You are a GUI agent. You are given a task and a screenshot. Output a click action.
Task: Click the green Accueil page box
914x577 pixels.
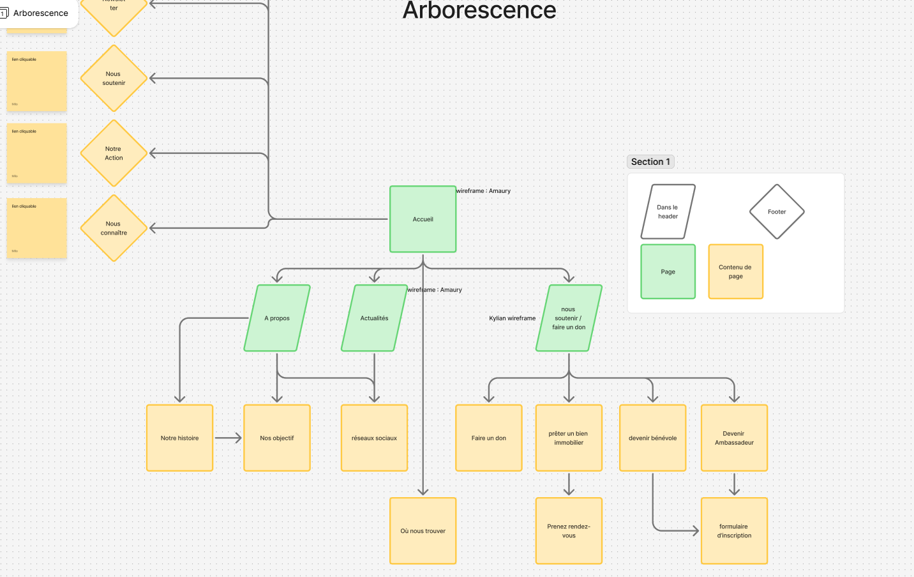coord(423,219)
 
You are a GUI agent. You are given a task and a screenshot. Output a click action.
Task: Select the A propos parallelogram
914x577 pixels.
coord(277,318)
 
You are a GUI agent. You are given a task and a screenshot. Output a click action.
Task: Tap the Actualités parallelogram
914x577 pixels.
coord(374,318)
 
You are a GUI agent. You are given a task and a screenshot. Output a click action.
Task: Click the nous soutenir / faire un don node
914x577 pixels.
coord(569,318)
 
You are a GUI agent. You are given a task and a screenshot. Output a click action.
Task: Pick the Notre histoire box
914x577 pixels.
coord(179,438)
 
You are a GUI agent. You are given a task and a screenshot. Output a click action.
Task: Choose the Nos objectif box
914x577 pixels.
coord(277,438)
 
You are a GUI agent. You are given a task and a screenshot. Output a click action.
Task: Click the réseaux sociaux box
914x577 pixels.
coord(374,438)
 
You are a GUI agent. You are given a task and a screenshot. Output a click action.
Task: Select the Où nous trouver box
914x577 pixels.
coord(423,531)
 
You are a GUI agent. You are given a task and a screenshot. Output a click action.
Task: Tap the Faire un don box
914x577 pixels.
coord(489,438)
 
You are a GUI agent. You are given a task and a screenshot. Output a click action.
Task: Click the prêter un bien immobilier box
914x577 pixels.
coord(569,438)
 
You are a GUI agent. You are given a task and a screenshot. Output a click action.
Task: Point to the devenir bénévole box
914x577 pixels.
coord(652,438)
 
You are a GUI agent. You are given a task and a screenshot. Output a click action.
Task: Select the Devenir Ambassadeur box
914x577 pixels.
coord(734,438)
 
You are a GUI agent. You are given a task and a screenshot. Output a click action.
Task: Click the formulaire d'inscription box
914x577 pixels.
coord(734,531)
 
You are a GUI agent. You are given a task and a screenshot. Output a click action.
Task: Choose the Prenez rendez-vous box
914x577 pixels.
coord(569,531)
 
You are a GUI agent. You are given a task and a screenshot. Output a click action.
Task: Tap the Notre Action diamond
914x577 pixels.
coord(114,153)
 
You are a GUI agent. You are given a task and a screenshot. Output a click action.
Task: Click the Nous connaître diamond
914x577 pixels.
coord(114,228)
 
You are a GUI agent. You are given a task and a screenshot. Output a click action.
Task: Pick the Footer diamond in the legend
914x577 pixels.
coord(777,212)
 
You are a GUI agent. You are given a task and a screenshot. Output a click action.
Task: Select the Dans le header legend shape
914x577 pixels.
coord(668,212)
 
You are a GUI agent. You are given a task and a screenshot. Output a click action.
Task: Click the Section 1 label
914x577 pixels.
coord(650,162)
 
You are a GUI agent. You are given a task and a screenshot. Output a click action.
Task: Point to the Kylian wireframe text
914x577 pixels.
coord(512,318)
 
